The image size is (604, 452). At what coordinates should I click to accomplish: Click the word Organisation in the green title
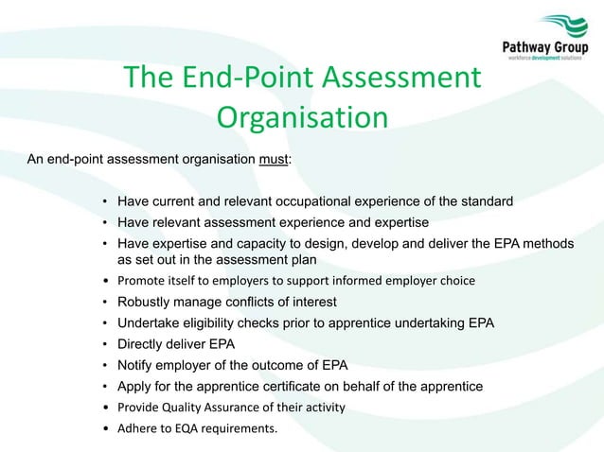(x=302, y=117)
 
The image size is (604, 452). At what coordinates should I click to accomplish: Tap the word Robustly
(x=147, y=302)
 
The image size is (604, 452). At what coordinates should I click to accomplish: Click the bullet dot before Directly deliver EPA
(x=104, y=345)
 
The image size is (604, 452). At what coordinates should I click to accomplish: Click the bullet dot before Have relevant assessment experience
(x=104, y=223)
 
